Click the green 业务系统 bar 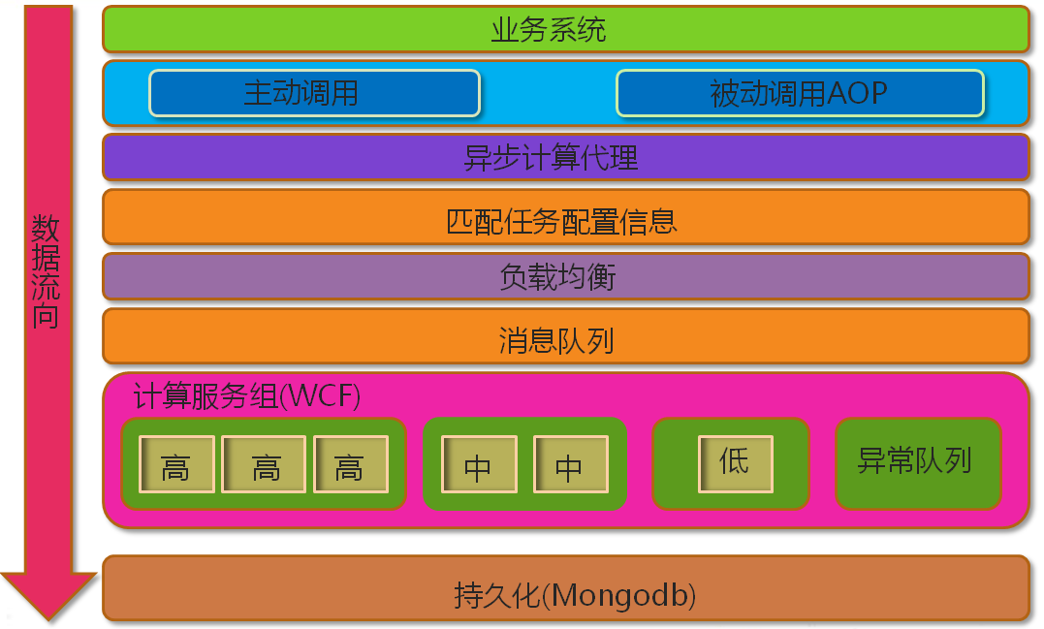point(565,29)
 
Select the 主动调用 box point(314,93)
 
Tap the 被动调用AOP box point(800,93)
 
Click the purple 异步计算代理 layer point(565,157)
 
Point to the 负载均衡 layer point(565,277)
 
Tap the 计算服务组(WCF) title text point(247,396)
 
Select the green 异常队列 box point(916,462)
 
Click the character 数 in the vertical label point(47,230)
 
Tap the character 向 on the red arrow point(47,316)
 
